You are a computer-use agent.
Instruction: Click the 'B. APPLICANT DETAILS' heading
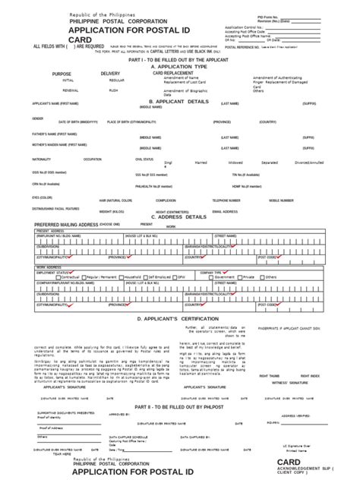(178, 101)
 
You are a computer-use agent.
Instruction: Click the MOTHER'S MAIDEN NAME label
(53, 144)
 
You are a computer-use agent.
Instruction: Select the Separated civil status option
(269, 163)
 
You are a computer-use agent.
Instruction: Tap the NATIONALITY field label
(42, 159)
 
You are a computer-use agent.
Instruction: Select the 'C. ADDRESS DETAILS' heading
(178, 216)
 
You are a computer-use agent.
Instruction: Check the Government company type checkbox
(214, 277)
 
